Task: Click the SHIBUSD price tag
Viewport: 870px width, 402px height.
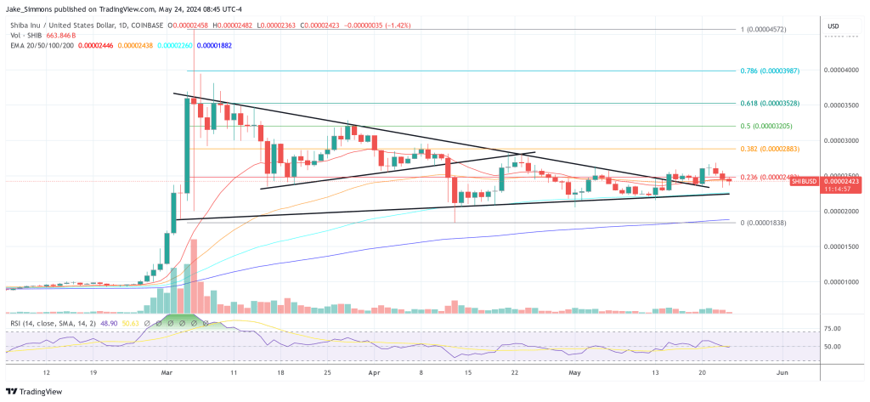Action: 802,181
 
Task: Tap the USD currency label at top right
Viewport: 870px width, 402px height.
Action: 833,26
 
